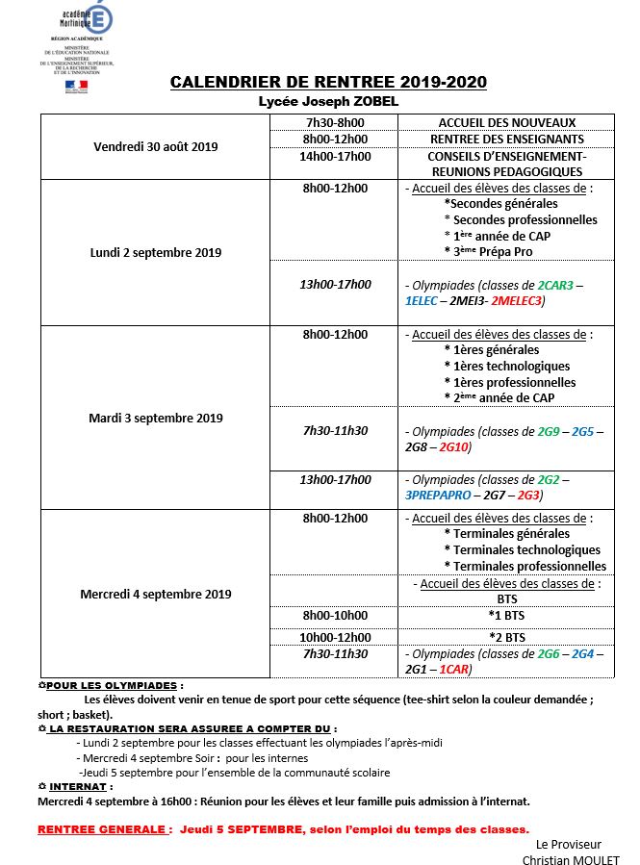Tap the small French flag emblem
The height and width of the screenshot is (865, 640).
(75, 86)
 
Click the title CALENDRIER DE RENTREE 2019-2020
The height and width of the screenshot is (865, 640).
(328, 83)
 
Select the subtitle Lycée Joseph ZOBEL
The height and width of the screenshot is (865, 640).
(328, 101)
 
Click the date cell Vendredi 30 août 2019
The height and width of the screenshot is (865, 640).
(156, 147)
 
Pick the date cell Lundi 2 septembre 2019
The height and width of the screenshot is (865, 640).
(156, 252)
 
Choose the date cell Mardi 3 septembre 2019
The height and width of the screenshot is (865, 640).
(156, 419)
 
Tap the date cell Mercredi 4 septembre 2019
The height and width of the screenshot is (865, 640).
(156, 594)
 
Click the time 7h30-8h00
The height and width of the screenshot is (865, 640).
(335, 122)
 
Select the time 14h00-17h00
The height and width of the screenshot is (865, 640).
(335, 156)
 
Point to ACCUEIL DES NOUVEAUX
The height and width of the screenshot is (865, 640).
(507, 122)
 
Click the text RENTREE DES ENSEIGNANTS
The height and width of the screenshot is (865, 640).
(507, 139)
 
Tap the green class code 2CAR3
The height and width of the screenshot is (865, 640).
(556, 286)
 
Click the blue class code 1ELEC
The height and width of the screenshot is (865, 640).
(421, 301)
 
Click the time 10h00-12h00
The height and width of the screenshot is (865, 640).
(335, 637)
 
